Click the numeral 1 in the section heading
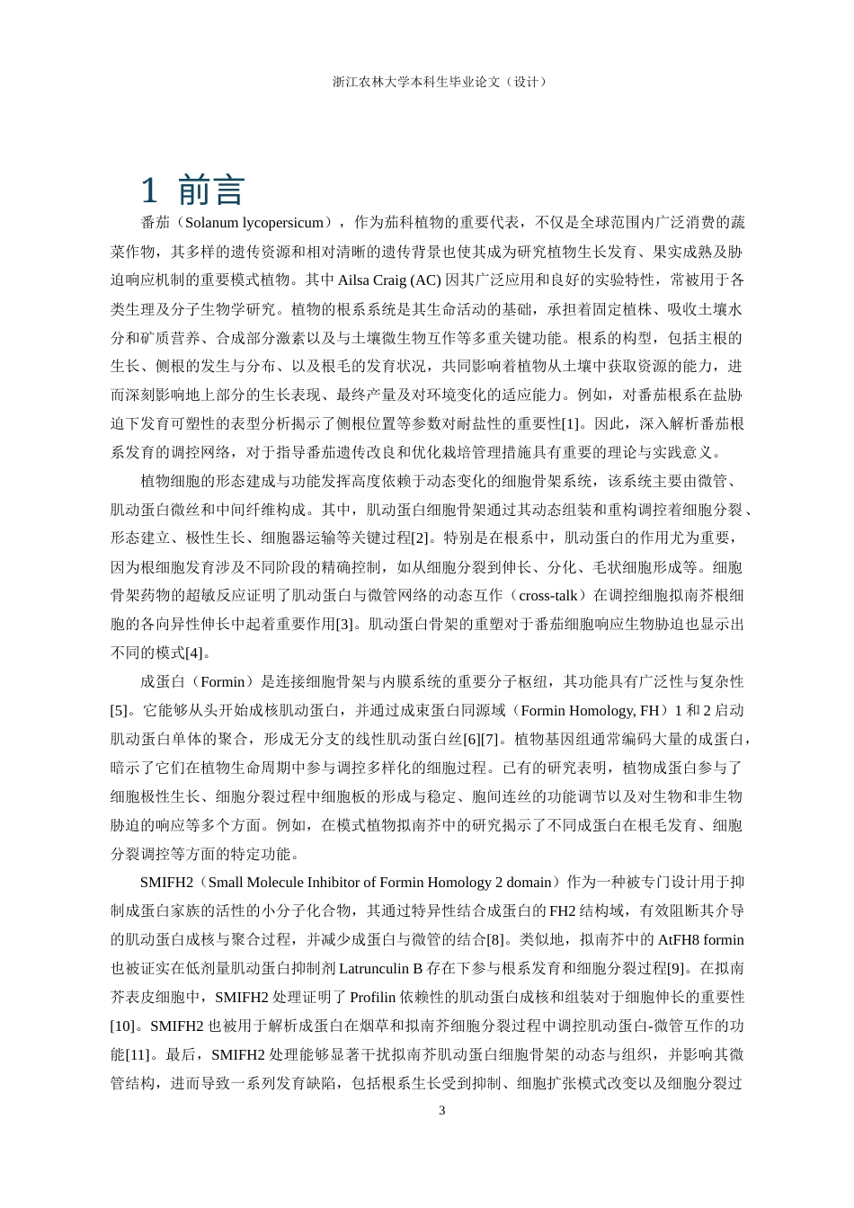click(x=149, y=191)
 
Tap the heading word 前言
click(x=211, y=191)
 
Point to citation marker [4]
click(x=195, y=653)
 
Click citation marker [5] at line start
click(x=120, y=710)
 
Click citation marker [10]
click(x=123, y=1026)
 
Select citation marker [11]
click(x=138, y=1054)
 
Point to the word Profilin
click(x=374, y=997)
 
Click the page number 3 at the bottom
click(x=441, y=1110)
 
